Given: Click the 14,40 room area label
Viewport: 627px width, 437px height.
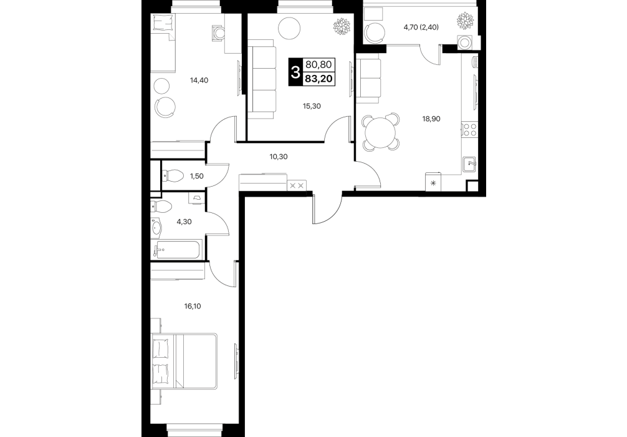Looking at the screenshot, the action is [x=199, y=80].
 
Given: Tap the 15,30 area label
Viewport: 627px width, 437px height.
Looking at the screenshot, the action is [x=312, y=106].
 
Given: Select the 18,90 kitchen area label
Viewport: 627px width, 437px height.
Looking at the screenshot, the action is [x=431, y=119].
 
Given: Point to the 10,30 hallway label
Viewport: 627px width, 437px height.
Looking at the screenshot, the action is [x=279, y=157].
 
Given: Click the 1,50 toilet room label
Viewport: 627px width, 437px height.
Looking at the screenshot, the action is [x=197, y=175].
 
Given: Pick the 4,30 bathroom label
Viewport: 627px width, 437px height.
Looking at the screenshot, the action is [x=184, y=222].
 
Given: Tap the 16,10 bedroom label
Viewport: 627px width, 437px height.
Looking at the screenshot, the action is [x=193, y=307].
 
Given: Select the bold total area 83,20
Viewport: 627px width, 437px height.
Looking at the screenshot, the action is [x=318, y=79].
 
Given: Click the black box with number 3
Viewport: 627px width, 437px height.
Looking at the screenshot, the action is [x=296, y=72].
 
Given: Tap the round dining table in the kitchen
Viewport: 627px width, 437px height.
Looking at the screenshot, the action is [x=381, y=132].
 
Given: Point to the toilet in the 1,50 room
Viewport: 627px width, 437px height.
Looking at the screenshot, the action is [x=173, y=175].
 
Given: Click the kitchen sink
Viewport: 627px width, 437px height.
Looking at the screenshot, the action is [x=470, y=164].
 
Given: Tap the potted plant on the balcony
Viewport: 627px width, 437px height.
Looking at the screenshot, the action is [x=466, y=21].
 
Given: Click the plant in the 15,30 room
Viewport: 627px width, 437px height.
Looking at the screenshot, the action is [x=342, y=27].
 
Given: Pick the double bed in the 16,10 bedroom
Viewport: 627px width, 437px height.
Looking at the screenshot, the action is [x=184, y=361].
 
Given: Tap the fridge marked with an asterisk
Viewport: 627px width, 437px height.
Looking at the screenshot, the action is [x=433, y=182].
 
